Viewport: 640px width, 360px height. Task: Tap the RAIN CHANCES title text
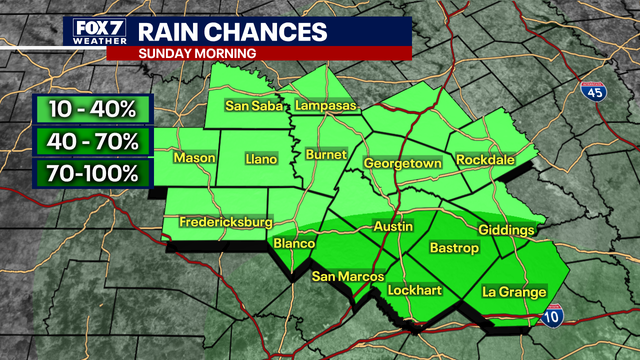click(227, 30)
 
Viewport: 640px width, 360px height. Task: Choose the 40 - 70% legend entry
click(91, 140)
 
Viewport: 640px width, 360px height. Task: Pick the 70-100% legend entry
click(91, 172)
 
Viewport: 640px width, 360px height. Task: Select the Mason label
click(194, 158)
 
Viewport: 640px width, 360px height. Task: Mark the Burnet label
click(327, 156)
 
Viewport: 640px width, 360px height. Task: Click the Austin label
click(392, 227)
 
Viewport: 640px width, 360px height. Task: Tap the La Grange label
click(514, 292)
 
